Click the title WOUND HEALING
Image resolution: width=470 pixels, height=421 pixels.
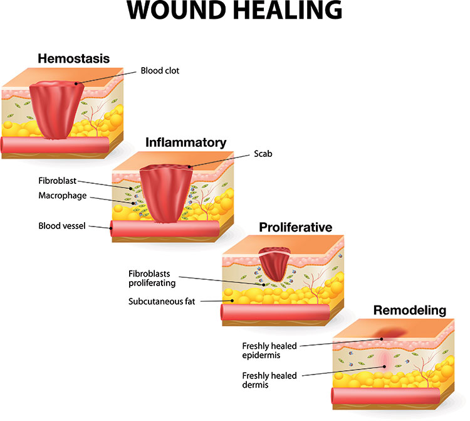click(x=235, y=14)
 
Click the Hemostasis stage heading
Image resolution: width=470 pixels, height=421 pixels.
click(x=73, y=59)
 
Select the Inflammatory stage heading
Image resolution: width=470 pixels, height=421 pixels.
click(x=185, y=142)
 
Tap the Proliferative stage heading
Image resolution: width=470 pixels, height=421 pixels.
click(x=290, y=226)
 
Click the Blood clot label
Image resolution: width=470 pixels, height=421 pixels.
click(x=160, y=71)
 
